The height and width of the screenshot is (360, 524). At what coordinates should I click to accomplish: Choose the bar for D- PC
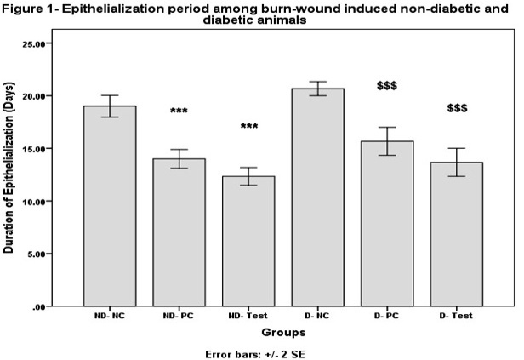point(387,224)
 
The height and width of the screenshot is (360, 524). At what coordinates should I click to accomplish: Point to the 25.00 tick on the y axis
point(36,43)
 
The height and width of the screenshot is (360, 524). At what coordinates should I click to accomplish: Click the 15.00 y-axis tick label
point(36,149)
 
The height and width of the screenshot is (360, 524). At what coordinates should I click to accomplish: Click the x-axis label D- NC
point(318,316)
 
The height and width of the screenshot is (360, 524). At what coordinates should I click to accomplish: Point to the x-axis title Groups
point(283,332)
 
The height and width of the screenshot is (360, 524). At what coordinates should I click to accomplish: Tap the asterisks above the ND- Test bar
point(248,127)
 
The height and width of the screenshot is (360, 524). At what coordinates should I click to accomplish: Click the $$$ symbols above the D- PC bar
point(387,86)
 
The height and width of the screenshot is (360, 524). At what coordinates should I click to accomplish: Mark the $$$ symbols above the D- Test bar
point(457,109)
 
